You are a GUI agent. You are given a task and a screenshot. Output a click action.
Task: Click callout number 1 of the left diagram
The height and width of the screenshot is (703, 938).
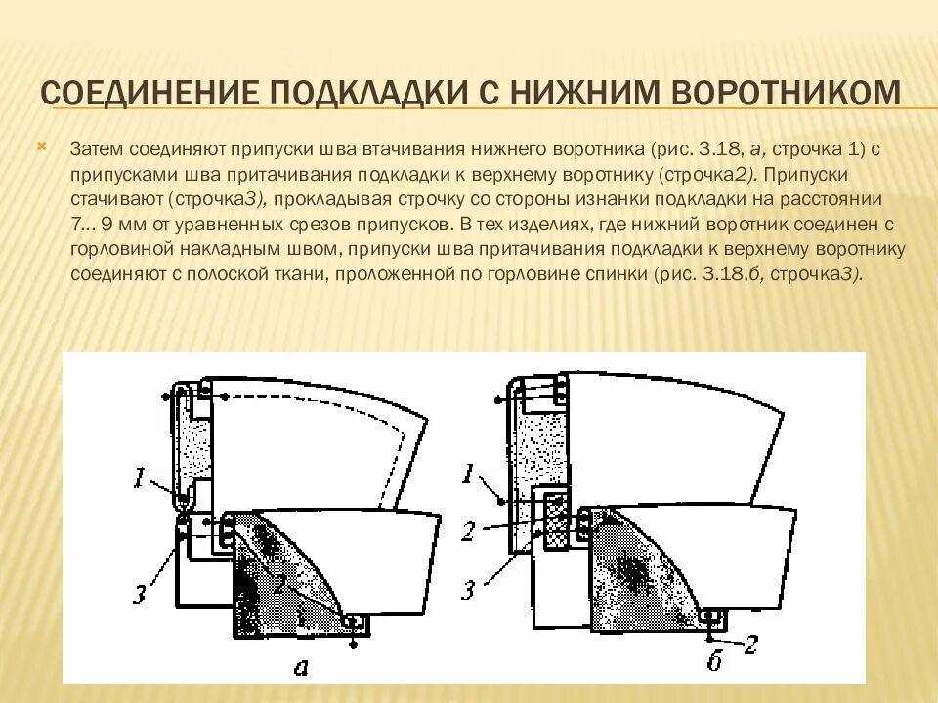(x=141, y=478)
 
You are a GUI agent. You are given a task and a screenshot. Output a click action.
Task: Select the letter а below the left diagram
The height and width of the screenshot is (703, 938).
(x=301, y=667)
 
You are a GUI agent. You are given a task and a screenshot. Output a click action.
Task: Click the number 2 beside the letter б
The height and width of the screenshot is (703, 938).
(x=750, y=643)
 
